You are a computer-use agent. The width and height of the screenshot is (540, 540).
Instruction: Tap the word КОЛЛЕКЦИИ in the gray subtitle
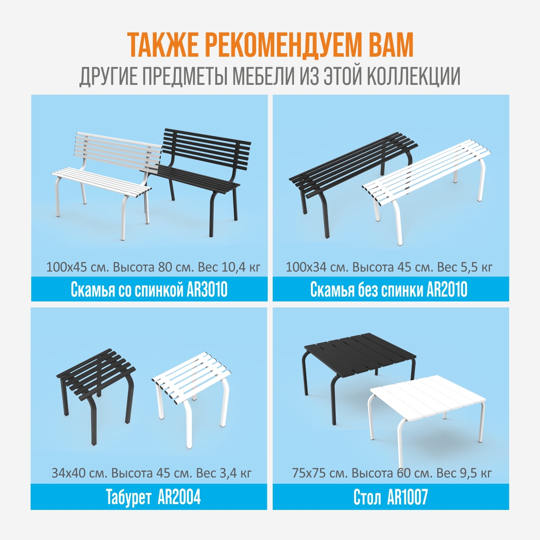coord(413,76)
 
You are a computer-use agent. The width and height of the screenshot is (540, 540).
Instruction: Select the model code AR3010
coord(207,289)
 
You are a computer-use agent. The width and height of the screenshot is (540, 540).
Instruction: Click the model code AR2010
coord(447,289)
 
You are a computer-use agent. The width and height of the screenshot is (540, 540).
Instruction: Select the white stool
coord(190,398)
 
